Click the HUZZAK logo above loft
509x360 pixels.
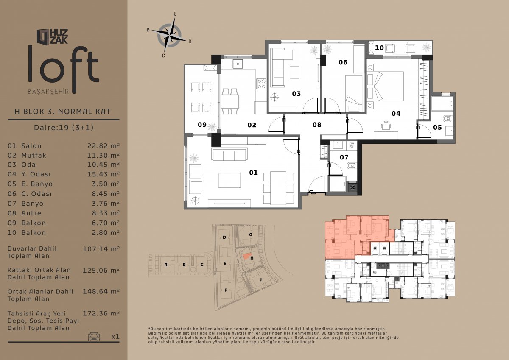click(52, 36)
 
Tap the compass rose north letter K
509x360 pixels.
click(175, 14)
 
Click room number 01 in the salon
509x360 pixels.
click(253, 173)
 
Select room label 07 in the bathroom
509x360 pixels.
click(344, 157)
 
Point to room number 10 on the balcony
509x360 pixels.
click(379, 48)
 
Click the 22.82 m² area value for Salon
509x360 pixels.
click(103, 146)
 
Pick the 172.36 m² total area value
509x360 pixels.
click(101, 313)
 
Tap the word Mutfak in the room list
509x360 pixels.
click(34, 155)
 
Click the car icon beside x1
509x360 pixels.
click(94, 336)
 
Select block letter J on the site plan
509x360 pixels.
click(260, 279)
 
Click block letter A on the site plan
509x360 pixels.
click(166, 264)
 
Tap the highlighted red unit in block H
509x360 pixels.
click(246, 256)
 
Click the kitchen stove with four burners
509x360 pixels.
click(261, 84)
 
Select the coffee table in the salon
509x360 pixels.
click(229, 180)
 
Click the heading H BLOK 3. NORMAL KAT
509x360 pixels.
click(63, 112)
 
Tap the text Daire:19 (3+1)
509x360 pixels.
click(64, 127)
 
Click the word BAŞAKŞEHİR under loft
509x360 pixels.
click(48, 92)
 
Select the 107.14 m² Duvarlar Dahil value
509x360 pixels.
click(101, 249)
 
